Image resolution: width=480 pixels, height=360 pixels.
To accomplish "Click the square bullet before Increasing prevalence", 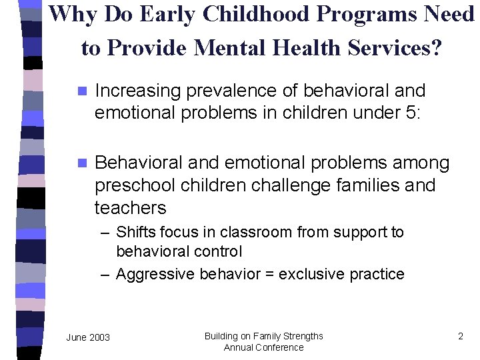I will (83, 91).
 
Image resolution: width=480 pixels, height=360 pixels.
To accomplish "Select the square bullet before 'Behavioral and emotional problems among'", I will (83, 163).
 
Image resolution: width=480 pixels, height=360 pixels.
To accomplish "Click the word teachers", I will (131, 207).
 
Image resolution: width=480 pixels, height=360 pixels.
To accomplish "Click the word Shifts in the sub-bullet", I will (134, 232).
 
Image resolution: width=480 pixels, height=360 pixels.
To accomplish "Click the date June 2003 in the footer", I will (88, 337).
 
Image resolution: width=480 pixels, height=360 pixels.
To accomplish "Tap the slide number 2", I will (460, 336).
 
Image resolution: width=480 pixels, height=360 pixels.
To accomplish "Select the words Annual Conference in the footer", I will (263, 347).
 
